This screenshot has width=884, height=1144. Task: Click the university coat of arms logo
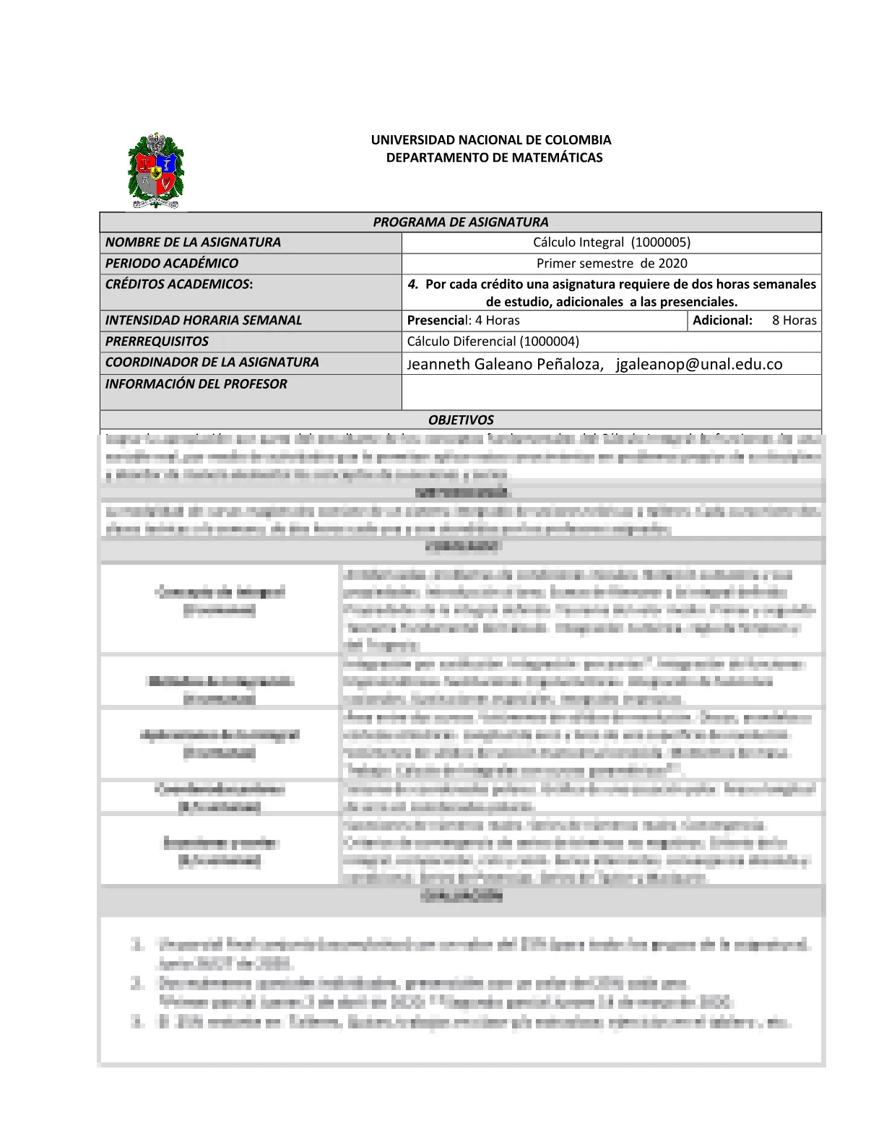pos(155,170)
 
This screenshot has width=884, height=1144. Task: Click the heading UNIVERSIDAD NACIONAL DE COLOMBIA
pos(491,140)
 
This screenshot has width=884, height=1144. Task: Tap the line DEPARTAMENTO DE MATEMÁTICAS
pos(494,157)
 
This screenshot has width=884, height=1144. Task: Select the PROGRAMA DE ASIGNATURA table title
pos(460,222)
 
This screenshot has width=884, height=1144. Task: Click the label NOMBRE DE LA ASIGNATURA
pos(193,243)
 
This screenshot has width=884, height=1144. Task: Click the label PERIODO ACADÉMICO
pos(172,264)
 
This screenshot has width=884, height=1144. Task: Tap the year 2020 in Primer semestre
pos(672,264)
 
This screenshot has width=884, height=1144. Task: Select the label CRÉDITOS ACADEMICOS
pos(179,285)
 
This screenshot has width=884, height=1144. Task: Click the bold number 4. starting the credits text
pos(413,285)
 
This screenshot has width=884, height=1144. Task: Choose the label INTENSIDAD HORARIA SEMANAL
pos(204,321)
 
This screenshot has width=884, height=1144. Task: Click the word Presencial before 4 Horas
pos(436,321)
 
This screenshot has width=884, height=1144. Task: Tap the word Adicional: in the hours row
pos(722,321)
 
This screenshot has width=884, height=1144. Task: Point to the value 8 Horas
pos(794,321)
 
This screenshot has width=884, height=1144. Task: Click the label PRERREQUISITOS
pos(157,342)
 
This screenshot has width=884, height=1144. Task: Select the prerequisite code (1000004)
pos(549,342)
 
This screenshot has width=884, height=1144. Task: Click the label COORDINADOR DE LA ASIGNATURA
pos(212,363)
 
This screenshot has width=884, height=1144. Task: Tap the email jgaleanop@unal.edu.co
pos(699,364)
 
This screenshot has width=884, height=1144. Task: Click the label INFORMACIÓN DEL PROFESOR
pos(196,384)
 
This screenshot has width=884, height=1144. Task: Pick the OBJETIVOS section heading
pos(461,420)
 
